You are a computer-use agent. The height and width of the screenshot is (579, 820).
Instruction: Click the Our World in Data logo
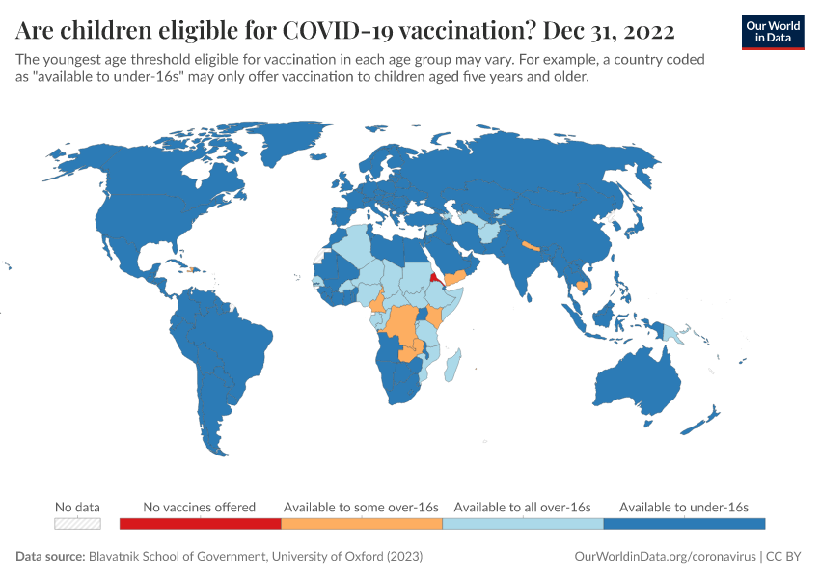pos(773,32)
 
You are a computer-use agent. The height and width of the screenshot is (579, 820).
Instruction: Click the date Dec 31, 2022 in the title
pos(609,30)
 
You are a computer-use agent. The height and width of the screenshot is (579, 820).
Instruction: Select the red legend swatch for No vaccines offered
pos(200,524)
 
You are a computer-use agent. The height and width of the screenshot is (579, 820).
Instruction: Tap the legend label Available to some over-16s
pos(361,507)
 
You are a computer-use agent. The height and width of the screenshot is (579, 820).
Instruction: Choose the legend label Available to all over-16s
pos(522,507)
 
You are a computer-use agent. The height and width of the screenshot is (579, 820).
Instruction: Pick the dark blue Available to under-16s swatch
pos(684,524)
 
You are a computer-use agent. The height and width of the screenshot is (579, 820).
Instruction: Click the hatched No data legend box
pos(77,524)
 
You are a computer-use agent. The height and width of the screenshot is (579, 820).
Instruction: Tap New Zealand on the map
pos(702,421)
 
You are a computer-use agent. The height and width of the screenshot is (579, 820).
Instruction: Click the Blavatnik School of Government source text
pos(255,557)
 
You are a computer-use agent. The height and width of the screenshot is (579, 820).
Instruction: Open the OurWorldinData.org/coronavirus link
pos(664,557)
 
